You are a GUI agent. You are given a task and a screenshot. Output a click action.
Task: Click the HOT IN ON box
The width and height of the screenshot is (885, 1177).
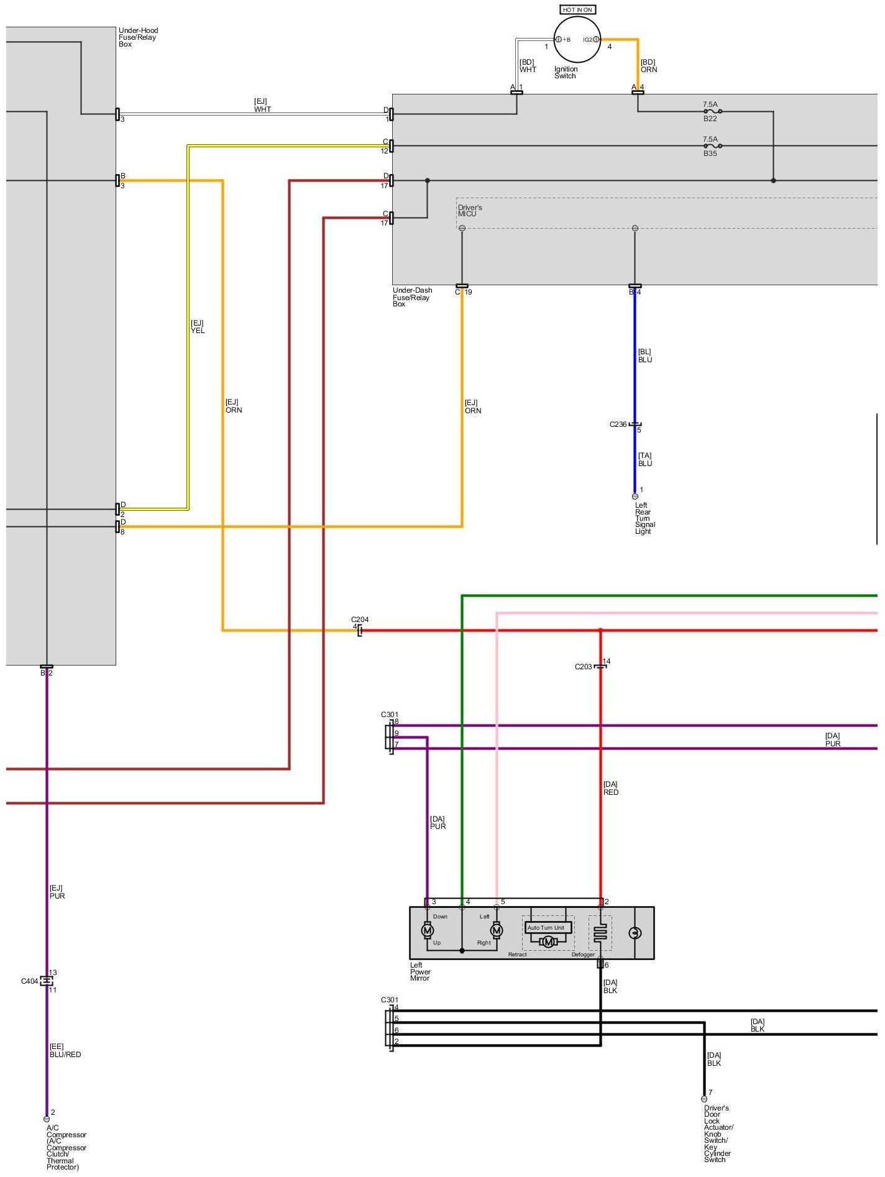(x=577, y=9)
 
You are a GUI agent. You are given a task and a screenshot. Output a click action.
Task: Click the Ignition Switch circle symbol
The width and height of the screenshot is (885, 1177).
(x=577, y=39)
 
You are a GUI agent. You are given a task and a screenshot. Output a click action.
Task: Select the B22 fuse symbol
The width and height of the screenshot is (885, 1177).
(x=712, y=112)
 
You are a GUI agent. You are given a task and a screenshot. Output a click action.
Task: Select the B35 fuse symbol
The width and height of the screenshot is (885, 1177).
(x=712, y=146)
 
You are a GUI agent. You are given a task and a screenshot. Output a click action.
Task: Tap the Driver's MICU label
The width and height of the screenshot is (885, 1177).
(x=470, y=211)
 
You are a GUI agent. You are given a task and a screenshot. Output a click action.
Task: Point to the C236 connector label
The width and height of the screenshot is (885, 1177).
(x=618, y=424)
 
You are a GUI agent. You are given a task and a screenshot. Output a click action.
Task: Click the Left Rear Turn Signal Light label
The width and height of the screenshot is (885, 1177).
(x=644, y=518)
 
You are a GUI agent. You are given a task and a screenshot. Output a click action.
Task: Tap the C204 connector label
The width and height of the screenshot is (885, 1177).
(x=360, y=620)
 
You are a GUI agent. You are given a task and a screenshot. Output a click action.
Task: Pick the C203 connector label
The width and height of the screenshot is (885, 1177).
(x=583, y=667)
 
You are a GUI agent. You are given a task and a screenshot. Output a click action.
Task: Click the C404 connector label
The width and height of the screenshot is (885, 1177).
(x=29, y=981)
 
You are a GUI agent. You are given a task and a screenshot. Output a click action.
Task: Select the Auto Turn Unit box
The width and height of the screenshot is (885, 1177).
(x=546, y=928)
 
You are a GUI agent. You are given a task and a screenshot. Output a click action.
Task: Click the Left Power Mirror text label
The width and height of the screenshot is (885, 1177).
(x=420, y=972)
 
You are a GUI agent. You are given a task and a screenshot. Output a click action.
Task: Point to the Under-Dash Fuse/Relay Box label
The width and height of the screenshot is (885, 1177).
(x=411, y=297)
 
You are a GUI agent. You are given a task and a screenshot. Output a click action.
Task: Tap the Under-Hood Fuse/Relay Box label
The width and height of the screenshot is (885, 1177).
(x=138, y=37)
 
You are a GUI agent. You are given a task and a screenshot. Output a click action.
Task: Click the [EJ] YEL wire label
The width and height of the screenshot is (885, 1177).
(x=197, y=327)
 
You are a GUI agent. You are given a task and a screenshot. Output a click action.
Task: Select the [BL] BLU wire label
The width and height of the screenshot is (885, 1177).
(x=645, y=355)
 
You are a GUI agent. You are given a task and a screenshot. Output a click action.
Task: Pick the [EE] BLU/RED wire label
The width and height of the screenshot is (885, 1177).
(x=65, y=1050)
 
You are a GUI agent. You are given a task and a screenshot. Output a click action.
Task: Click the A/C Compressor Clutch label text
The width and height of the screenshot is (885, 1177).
(x=65, y=1147)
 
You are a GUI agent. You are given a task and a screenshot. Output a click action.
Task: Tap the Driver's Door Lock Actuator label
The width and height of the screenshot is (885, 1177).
(x=718, y=1135)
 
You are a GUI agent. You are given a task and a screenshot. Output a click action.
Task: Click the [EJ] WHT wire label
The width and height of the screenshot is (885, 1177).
(x=262, y=105)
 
